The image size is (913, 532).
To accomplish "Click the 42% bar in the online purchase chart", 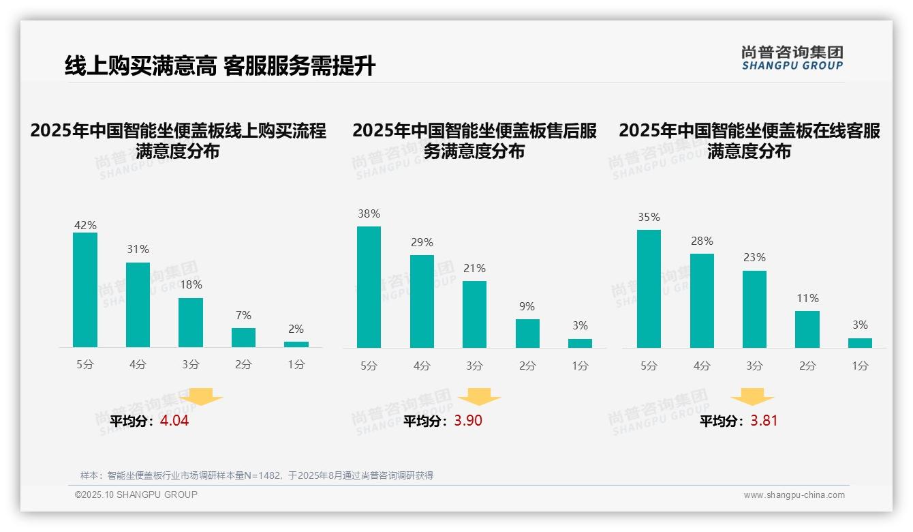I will [85, 290].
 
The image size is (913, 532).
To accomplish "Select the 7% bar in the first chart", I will [243, 338].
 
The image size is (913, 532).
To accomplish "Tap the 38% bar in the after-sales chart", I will [369, 287].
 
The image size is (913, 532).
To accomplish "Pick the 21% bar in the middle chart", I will [474, 314].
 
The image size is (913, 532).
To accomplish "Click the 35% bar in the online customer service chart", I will [649, 289].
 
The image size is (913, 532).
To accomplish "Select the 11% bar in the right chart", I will [807, 329].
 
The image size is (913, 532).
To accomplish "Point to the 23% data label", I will [754, 257].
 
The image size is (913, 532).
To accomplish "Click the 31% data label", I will [138, 249].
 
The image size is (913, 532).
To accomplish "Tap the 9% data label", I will [527, 306].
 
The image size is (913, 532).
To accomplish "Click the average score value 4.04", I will [174, 421].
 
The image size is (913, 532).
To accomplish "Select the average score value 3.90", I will [468, 421].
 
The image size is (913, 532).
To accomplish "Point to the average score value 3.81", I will [764, 421].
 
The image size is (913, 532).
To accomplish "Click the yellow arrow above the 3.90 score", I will [479, 397].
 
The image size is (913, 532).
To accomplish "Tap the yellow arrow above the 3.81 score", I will [752, 397].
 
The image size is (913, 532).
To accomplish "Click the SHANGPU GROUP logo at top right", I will [792, 58].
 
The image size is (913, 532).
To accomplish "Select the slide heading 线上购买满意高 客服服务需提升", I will [220, 66].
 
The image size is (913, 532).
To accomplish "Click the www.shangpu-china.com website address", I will [794, 495].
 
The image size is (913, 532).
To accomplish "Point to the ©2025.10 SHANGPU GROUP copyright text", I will [136, 494].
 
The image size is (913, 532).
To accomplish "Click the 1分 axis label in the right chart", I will [860, 366].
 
